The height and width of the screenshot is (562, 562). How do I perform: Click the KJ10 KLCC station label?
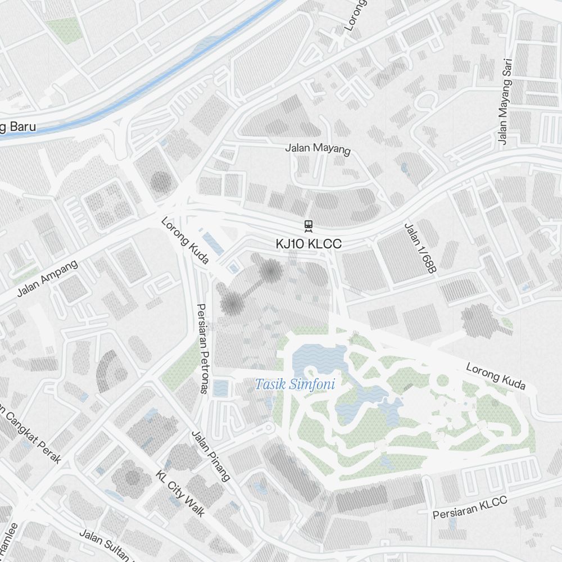(308, 244)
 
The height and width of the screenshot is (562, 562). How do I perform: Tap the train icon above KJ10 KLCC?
(308, 226)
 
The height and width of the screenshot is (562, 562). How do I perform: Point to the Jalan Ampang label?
(47, 278)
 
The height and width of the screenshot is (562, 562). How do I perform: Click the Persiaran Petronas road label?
(202, 348)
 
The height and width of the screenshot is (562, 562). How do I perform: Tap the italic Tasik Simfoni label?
(295, 385)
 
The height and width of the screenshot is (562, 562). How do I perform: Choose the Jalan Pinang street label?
(211, 456)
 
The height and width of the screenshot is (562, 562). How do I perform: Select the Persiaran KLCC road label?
(470, 507)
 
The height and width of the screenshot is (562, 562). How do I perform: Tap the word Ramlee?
(10, 540)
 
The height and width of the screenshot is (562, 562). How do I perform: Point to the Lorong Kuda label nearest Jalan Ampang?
(185, 241)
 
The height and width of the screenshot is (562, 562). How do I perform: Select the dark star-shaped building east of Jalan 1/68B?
(479, 320)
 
